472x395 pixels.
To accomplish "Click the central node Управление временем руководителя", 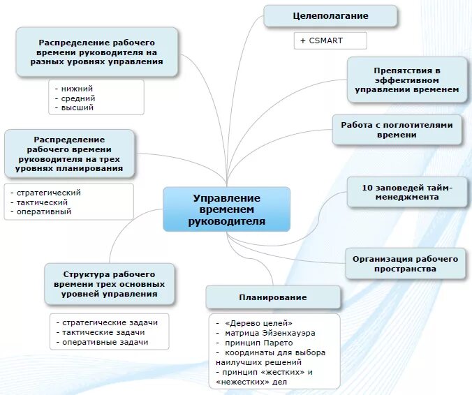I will [x=226, y=209].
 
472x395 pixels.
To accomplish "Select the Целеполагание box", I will [x=330, y=15].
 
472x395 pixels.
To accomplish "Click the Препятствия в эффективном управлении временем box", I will [x=407, y=80].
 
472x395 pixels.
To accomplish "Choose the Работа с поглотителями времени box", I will [x=397, y=130].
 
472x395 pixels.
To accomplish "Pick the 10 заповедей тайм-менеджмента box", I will [x=407, y=192].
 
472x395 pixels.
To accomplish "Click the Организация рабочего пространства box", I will [x=405, y=263].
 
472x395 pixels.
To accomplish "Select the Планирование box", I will [x=273, y=297].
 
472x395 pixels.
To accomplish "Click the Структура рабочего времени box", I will [x=109, y=284].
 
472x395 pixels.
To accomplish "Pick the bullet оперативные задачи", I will [x=105, y=342].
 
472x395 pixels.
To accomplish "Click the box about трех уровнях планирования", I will [x=69, y=154].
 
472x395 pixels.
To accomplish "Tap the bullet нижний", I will [x=78, y=89].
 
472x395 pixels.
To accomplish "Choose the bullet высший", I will [x=78, y=107].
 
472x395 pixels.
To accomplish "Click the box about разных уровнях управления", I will [x=96, y=52].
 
